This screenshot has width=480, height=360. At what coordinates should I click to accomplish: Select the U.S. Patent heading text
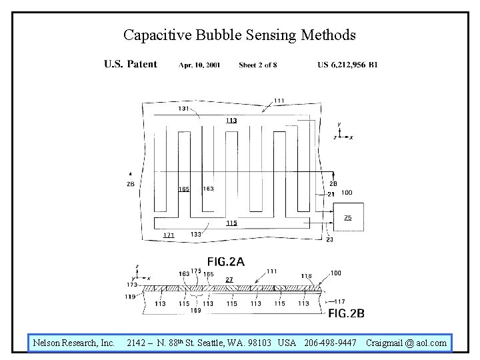click(131, 64)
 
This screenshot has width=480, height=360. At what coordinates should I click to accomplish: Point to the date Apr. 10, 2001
click(199, 65)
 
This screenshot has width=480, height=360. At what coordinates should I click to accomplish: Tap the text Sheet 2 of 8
click(257, 65)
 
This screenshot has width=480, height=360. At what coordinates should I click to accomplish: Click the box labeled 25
click(348, 217)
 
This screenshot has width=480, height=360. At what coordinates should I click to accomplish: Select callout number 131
click(183, 109)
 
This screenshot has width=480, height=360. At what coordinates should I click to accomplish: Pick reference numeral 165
click(184, 189)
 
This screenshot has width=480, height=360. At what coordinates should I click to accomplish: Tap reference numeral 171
click(169, 235)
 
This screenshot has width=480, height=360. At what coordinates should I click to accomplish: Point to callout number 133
click(196, 234)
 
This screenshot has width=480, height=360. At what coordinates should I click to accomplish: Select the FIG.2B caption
click(346, 313)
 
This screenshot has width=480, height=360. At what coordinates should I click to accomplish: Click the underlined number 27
click(229, 280)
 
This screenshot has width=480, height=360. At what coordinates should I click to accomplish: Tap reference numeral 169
click(195, 311)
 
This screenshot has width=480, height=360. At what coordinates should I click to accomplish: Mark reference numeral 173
click(132, 285)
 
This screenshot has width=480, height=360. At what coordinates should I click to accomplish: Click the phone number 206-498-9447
click(331, 343)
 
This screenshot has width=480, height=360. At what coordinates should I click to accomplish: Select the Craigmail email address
click(406, 343)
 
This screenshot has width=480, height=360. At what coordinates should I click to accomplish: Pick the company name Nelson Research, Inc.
click(74, 343)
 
